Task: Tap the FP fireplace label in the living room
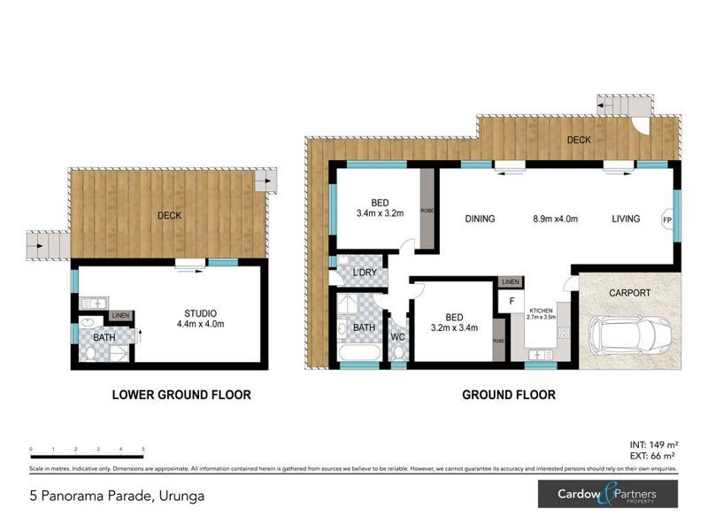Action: [x=668, y=219]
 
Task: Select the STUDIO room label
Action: [x=202, y=313]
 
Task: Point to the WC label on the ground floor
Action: [x=397, y=337]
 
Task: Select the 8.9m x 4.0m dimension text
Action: [x=558, y=219]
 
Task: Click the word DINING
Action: [x=480, y=219]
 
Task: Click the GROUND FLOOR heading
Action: [x=509, y=395]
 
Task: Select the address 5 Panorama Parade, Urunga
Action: [x=116, y=496]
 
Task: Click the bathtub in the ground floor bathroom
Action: [x=358, y=354]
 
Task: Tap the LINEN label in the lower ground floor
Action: [x=120, y=316]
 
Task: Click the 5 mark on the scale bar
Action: [x=143, y=450]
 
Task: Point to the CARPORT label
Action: [x=629, y=292]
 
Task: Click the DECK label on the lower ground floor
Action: [x=170, y=215]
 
